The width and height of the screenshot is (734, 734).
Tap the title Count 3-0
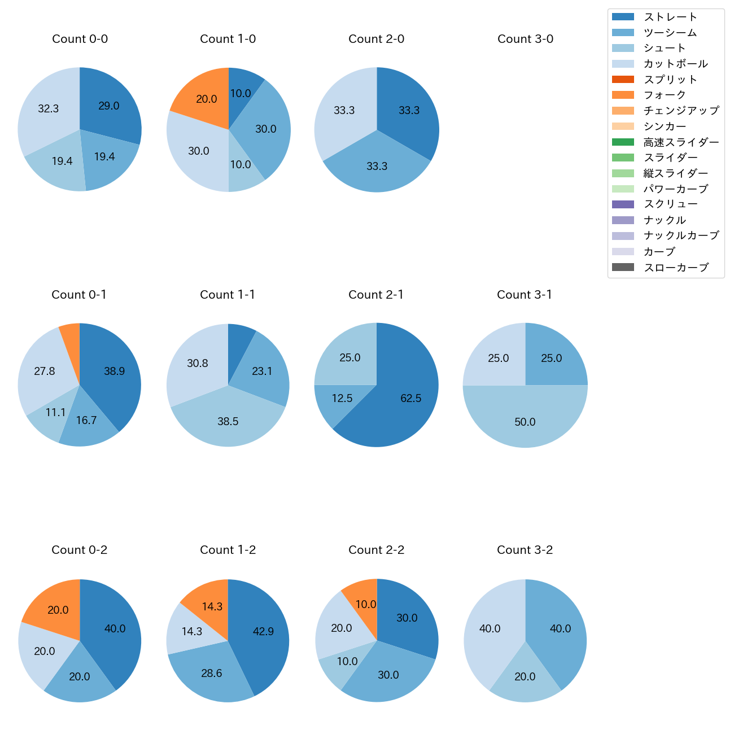coord(525,39)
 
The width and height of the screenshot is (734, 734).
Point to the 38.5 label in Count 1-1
coord(228,421)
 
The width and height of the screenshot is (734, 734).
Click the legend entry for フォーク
coord(665,95)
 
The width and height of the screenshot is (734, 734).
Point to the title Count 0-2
coord(80,550)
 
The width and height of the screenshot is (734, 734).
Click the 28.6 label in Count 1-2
coord(212,673)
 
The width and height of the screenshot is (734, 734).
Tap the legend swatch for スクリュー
coord(623,204)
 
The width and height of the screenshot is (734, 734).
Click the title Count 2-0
coord(377,39)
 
